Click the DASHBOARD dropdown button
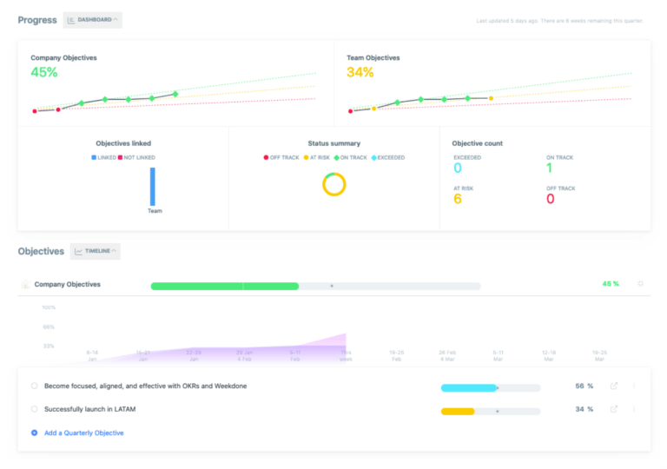click(93, 20)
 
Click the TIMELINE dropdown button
click(96, 251)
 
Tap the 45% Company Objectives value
click(44, 73)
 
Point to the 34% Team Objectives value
click(360, 73)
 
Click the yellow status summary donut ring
click(333, 184)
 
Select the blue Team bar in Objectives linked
click(153, 186)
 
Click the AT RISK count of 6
click(458, 199)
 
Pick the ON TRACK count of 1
click(550, 168)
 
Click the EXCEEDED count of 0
click(458, 168)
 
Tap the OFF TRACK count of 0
click(550, 199)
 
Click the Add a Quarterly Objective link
click(83, 433)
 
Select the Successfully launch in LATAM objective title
click(89, 409)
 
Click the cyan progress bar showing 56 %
click(469, 387)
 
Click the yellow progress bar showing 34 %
click(458, 411)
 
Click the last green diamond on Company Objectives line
click(175, 94)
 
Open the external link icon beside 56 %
click(614, 386)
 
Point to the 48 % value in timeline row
click(610, 284)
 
